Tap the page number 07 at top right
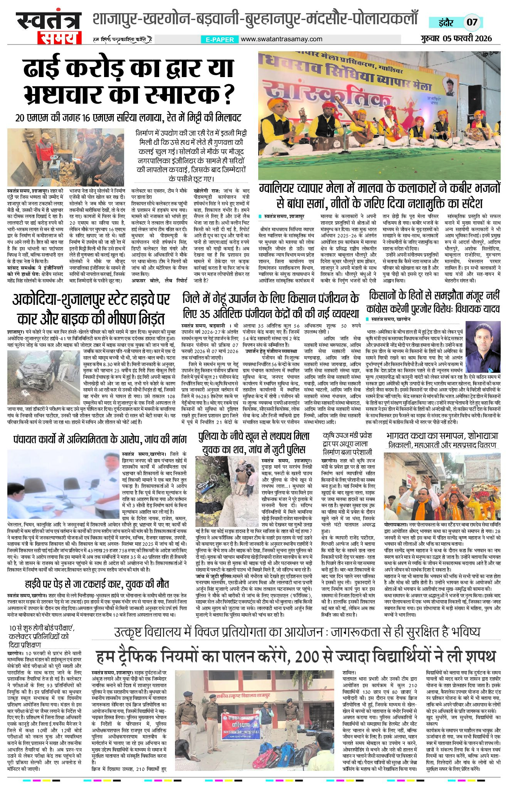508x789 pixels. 472,22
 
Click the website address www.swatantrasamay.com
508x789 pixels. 281,39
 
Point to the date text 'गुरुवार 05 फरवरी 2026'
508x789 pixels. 456,38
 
